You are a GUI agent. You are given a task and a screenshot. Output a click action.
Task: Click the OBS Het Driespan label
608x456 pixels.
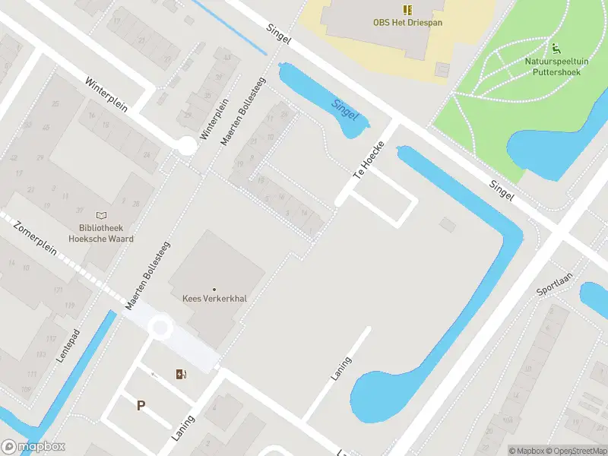point(407,23)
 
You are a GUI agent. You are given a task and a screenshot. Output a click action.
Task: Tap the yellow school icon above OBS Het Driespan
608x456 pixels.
point(407,10)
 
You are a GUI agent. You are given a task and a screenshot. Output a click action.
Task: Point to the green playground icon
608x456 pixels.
point(555,48)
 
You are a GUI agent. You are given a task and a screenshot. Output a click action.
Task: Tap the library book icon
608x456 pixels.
point(101,217)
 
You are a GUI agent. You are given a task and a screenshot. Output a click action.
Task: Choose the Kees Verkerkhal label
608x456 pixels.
point(214,299)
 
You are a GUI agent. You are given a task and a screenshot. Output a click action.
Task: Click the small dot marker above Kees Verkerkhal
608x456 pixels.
point(214,289)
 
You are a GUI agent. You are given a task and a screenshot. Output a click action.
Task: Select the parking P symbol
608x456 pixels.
point(141,406)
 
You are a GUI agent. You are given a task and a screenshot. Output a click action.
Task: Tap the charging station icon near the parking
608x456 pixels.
point(181,373)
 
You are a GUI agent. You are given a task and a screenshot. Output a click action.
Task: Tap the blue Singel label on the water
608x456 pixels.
point(345,110)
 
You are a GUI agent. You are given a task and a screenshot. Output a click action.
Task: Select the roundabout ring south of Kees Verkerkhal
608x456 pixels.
point(160,328)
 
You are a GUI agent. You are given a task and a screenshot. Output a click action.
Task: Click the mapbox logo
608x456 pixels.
point(33,447)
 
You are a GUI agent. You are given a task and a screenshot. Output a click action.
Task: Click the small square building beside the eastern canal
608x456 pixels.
point(448,224)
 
